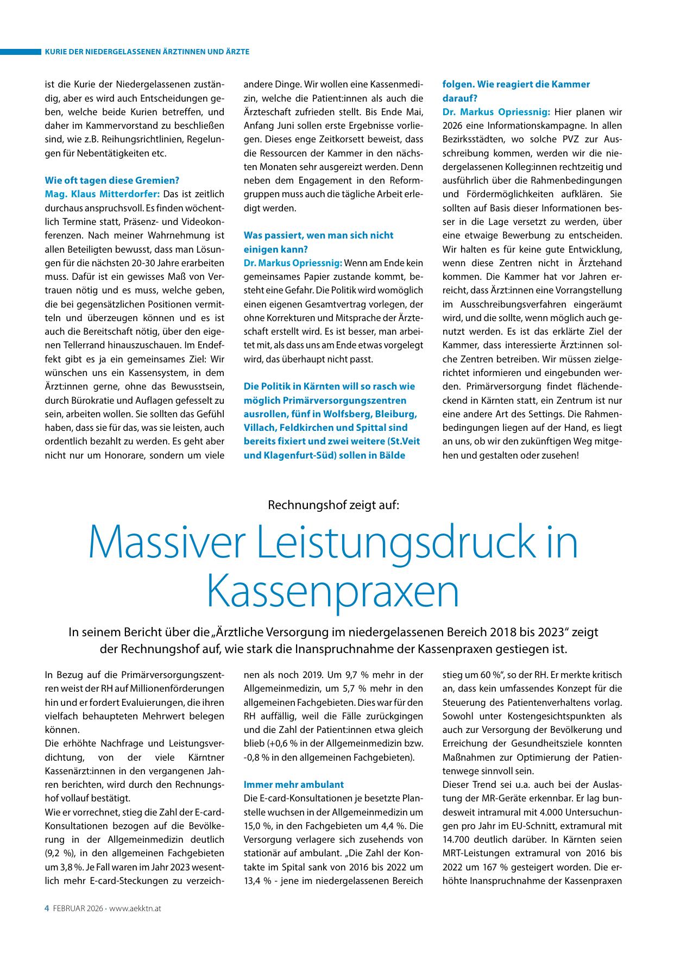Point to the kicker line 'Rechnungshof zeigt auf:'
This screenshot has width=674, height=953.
[333, 505]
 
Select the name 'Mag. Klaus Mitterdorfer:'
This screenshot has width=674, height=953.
[102, 194]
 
